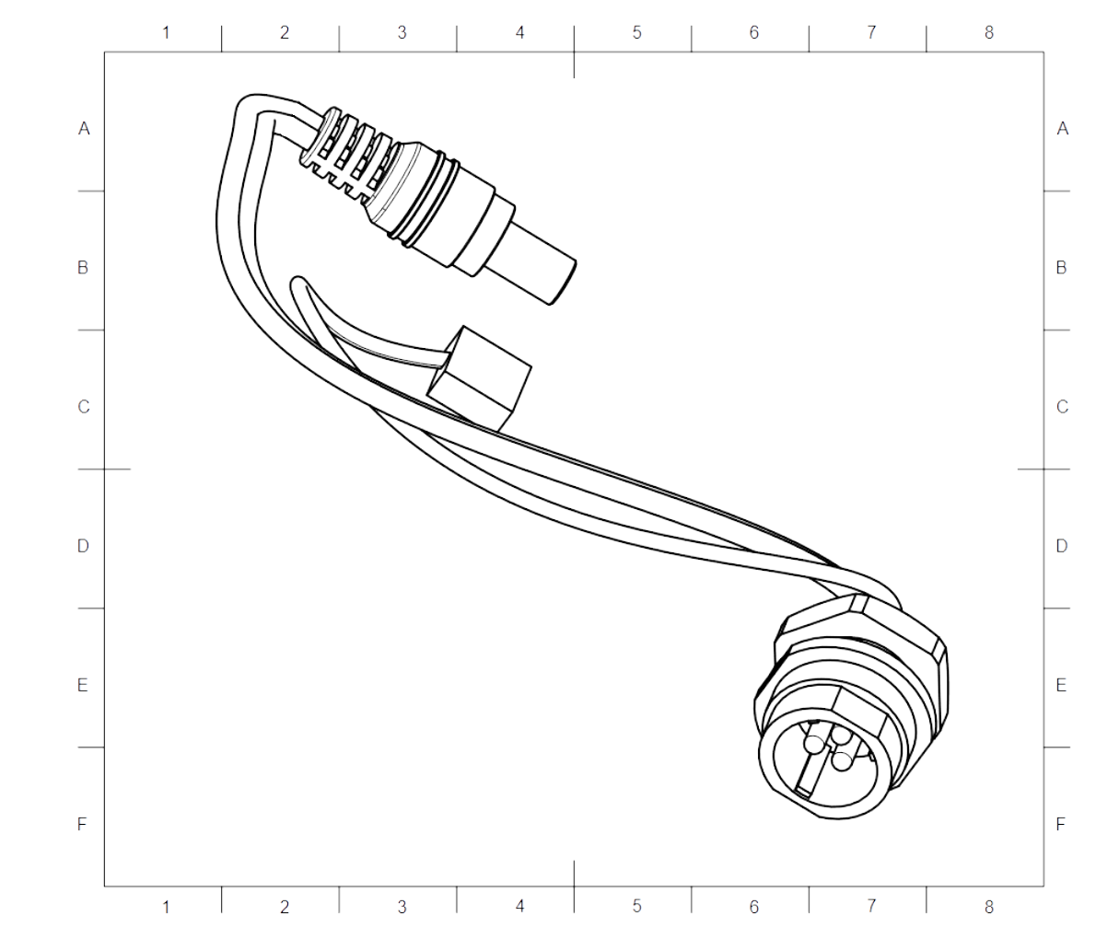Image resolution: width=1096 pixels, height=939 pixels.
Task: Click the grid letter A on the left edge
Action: click(x=84, y=129)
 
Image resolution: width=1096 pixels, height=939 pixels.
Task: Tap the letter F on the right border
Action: click(x=1061, y=824)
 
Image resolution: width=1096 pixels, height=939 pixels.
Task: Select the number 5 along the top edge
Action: click(x=636, y=32)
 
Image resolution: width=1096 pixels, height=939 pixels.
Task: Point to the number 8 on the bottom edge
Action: click(x=988, y=908)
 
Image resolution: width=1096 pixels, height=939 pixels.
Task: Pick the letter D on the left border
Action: click(x=83, y=546)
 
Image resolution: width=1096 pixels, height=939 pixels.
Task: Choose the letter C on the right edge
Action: click(x=1062, y=407)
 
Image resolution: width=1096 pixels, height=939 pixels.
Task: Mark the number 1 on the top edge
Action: click(x=166, y=32)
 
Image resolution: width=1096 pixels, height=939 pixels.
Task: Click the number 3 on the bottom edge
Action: click(x=402, y=908)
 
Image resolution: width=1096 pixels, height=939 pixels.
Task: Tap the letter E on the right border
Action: click(x=1061, y=686)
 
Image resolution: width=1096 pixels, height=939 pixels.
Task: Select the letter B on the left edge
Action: click(x=83, y=268)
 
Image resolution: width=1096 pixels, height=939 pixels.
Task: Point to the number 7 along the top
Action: click(x=871, y=32)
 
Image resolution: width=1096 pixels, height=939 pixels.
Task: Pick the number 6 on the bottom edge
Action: click(x=753, y=908)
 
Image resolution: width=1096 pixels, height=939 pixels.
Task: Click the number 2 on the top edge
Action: click(x=284, y=32)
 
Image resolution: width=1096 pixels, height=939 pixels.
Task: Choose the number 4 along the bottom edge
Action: click(x=519, y=908)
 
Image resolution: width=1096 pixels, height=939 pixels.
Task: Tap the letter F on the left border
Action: click(x=82, y=824)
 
